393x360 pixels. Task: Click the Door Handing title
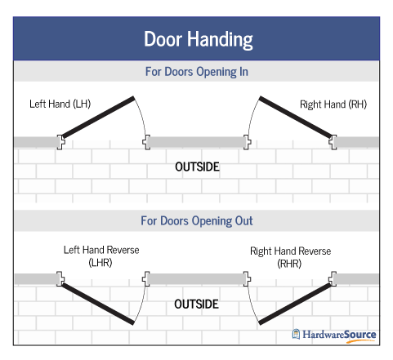point(199,40)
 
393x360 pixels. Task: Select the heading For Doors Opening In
point(197,72)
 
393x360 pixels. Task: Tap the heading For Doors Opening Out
point(197,220)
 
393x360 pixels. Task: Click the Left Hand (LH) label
point(60,104)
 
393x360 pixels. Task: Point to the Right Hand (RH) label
point(333,104)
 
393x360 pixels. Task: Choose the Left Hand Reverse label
point(101,250)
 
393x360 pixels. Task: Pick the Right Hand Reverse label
point(291,251)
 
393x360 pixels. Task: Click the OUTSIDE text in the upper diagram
point(197,167)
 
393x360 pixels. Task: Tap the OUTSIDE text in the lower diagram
point(196,304)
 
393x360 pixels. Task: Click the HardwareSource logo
point(334,336)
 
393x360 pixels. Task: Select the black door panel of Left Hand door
point(98,117)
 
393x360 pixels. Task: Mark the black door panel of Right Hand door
point(296,117)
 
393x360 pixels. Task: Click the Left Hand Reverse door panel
point(98,304)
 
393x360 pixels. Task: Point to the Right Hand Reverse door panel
point(296,304)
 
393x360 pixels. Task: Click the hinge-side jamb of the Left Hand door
point(60,142)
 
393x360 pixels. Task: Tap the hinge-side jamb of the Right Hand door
point(333,142)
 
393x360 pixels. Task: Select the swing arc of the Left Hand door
point(142,116)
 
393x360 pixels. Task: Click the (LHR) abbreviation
point(100,263)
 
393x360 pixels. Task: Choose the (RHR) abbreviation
point(289,264)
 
